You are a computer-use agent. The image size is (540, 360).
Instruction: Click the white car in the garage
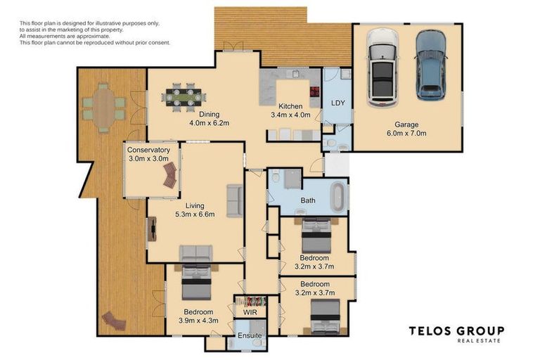tap(382, 67)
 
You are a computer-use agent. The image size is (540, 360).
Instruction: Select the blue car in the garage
tap(430, 65)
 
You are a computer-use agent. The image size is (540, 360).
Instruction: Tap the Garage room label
tap(406, 124)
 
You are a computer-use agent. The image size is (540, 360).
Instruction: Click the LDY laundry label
tap(337, 103)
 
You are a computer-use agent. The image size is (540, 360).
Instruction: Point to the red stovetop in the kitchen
tap(315, 91)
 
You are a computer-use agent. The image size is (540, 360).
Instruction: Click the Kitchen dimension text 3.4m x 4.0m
tap(290, 115)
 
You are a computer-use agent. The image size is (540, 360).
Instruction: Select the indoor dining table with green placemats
tap(184, 98)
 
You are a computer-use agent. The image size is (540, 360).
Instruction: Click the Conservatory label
tap(148, 150)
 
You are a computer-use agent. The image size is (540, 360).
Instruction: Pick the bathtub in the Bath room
tap(337, 197)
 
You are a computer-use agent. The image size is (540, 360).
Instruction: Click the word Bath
tap(307, 200)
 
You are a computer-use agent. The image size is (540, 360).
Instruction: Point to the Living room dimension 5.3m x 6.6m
tap(195, 214)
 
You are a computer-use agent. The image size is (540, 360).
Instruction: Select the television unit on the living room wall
tap(152, 229)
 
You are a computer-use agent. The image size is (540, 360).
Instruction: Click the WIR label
tap(250, 312)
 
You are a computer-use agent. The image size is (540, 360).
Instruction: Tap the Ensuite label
tap(250, 335)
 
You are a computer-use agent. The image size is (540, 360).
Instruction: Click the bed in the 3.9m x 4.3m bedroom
tap(196, 282)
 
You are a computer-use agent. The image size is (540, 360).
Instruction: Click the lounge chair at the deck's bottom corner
tap(114, 321)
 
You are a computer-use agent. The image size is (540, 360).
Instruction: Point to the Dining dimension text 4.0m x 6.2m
tap(210, 123)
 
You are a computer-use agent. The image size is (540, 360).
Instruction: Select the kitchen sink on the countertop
tap(295, 73)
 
